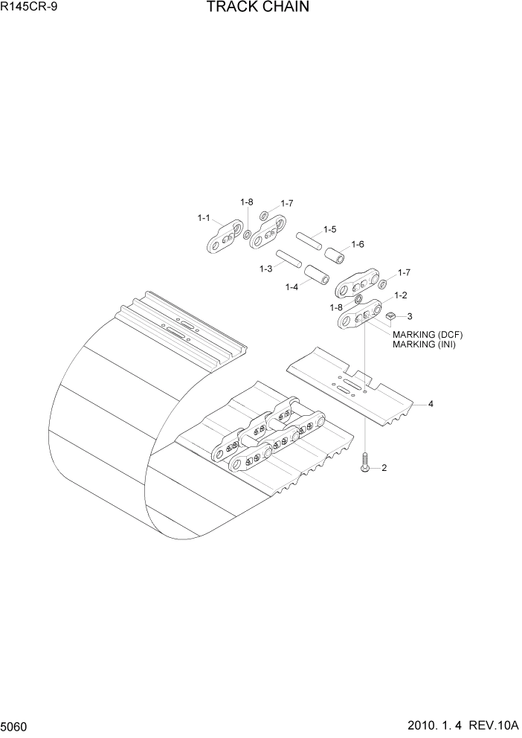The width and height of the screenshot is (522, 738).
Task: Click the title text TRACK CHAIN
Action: coord(257,8)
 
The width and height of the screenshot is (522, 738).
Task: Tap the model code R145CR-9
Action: coord(28,8)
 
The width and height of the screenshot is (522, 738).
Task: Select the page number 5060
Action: coord(17,725)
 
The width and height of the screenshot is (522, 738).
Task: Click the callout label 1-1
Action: coord(204,218)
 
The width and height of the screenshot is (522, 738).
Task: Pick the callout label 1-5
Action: coord(329,229)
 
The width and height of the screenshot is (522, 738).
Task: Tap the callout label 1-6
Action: coord(357,244)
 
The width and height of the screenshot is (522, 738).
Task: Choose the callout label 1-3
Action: coord(265,269)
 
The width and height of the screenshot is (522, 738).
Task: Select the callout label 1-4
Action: coord(292,286)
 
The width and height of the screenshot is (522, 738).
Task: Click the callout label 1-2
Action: coord(400,295)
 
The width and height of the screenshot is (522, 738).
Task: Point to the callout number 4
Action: coord(431,404)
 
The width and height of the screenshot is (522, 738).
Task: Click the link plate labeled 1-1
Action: coord(225,238)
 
